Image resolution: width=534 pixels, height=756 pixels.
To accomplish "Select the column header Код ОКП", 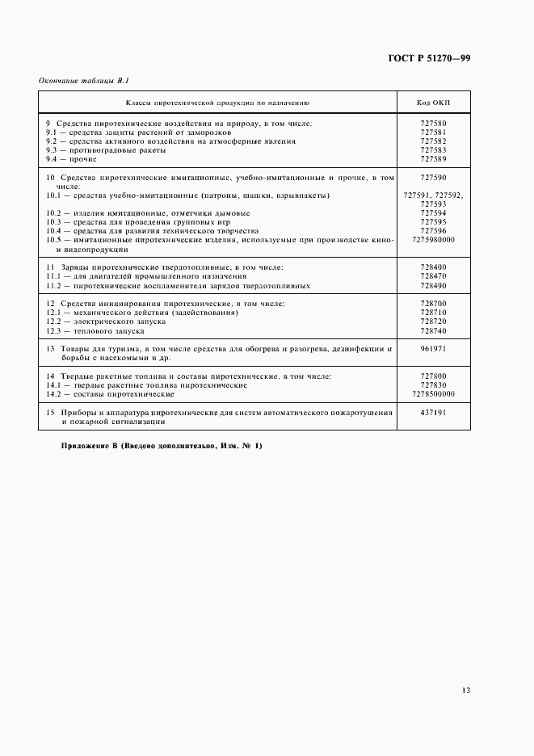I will [x=433, y=103].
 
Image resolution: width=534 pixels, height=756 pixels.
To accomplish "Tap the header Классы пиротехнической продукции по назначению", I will [x=217, y=103].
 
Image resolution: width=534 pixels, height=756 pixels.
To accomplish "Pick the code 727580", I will [x=433, y=123].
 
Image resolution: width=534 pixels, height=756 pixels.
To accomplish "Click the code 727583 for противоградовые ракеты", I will [x=433, y=150].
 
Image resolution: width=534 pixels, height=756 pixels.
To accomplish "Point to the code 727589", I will [x=433, y=159].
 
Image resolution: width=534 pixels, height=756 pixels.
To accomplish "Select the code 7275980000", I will [x=433, y=240].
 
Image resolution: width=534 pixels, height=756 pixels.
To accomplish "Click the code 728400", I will [x=433, y=267].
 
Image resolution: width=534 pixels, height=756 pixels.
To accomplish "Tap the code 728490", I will [x=433, y=285].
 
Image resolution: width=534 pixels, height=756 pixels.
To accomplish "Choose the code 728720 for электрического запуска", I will [x=433, y=321].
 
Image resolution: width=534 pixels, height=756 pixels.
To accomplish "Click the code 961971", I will [x=433, y=349].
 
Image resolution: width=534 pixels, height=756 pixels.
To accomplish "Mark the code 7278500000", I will [x=433, y=394].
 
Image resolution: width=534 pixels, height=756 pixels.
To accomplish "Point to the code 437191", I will [x=433, y=413].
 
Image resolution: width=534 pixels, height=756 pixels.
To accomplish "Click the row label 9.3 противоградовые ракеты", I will [x=106, y=150].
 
